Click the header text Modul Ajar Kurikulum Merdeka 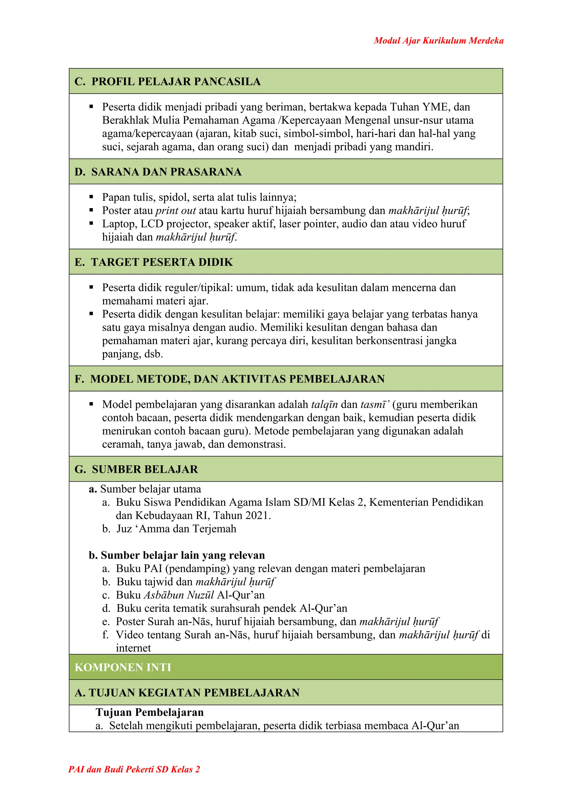(438, 41)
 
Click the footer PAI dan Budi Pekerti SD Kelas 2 (134, 779)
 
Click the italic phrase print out (176, 210)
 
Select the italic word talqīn (324, 404)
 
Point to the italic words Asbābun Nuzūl (179, 595)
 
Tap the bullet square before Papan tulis (91, 197)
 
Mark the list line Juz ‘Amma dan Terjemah (176, 529)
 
